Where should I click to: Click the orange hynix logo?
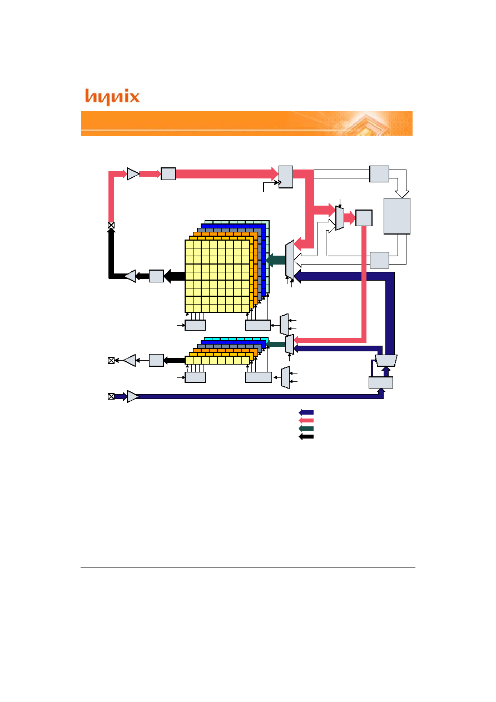(112, 97)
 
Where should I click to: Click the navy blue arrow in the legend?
(306, 412)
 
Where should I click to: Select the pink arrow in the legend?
(306, 420)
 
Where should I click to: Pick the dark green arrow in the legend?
(306, 429)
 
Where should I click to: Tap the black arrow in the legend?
(306, 436)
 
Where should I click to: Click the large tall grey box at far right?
(397, 216)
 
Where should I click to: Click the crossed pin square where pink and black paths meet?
(111, 225)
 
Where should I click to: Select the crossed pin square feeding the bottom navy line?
(111, 396)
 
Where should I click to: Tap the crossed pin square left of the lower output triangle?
(111, 360)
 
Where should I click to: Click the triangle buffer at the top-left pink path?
(133, 174)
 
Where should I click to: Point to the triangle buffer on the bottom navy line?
(133, 396)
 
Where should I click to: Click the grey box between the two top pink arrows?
(168, 173)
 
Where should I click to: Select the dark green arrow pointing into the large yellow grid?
(276, 260)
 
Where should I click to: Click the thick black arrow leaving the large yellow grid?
(175, 276)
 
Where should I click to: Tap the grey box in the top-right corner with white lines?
(379, 174)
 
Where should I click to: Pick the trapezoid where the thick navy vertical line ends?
(386, 360)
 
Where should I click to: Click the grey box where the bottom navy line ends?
(381, 382)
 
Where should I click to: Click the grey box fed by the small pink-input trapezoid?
(364, 218)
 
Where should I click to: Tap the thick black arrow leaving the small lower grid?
(175, 360)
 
